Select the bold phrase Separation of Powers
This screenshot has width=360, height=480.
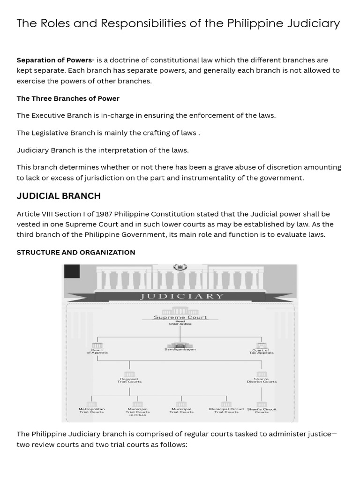(x=54, y=60)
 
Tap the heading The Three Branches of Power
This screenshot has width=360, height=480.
(x=68, y=98)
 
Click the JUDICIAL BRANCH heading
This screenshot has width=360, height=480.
(x=59, y=196)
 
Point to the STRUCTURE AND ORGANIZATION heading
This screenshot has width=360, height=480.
(x=76, y=252)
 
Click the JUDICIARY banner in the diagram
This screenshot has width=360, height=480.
(x=180, y=296)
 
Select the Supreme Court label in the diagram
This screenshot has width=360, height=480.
(x=180, y=317)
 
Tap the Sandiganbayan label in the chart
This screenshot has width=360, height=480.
(x=180, y=349)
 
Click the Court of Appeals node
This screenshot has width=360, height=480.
(x=97, y=351)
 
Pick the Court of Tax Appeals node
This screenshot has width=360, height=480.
(x=262, y=351)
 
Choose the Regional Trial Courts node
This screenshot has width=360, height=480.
(x=129, y=380)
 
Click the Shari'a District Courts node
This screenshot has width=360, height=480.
(x=262, y=380)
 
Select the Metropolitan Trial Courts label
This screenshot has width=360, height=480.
(x=91, y=410)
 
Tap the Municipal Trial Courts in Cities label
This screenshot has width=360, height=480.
(x=137, y=412)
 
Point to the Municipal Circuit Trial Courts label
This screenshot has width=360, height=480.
(x=226, y=410)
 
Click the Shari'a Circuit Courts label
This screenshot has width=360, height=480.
(x=262, y=410)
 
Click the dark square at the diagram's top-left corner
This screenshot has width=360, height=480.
(x=72, y=272)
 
